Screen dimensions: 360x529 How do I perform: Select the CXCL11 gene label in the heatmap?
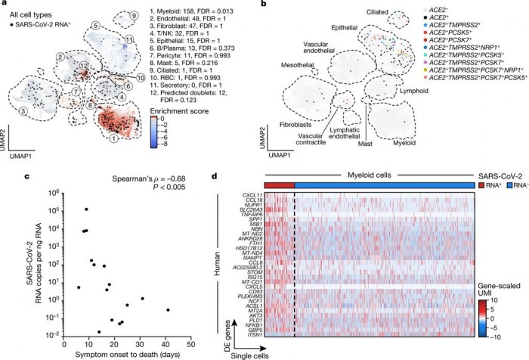(243, 216)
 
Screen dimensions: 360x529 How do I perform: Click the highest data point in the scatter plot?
(87, 209)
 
